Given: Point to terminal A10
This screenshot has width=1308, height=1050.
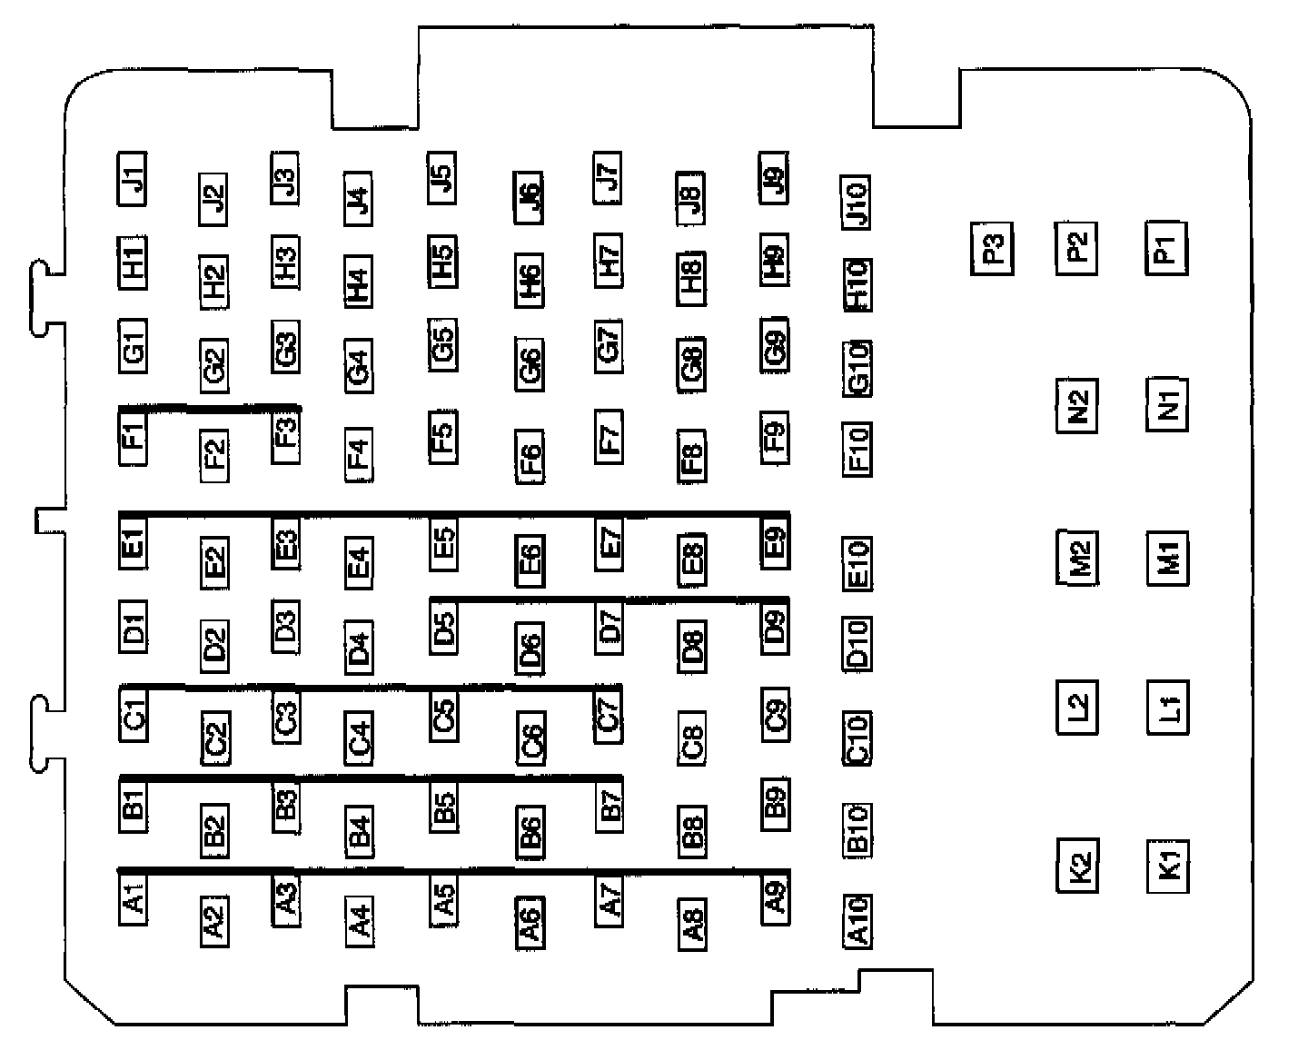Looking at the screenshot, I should [x=857, y=920].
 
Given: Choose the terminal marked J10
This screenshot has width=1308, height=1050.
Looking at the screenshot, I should [x=857, y=201].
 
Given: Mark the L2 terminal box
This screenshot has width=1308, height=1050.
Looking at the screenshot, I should [x=1077, y=706].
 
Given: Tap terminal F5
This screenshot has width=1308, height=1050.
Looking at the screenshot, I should [x=442, y=436].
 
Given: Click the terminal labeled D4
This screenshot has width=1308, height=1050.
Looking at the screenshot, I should [x=359, y=646].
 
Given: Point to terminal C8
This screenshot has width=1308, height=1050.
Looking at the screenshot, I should [x=692, y=737].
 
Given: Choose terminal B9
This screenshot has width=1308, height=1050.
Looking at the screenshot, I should [x=775, y=804].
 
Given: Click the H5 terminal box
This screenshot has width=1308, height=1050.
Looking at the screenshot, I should [x=442, y=262].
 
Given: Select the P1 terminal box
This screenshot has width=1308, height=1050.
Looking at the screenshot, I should [x=1167, y=248].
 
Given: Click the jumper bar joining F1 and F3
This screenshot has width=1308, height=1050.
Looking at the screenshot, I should [x=209, y=409].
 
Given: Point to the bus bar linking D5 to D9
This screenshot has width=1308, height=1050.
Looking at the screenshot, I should [x=609, y=599].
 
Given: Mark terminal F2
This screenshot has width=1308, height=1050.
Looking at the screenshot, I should [x=215, y=453].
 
